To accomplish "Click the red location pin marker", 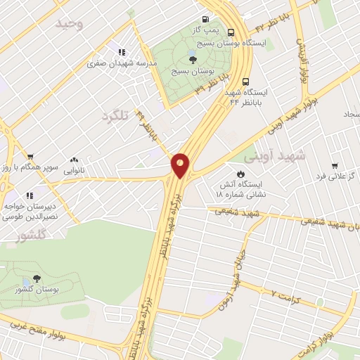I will [x=181, y=165].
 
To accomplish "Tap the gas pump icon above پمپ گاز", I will [x=205, y=19].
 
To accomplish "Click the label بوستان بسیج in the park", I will [x=193, y=72].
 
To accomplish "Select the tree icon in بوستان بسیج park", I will [x=193, y=59].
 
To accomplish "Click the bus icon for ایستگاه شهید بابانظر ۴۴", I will [x=245, y=81].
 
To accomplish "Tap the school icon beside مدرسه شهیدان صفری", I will [x=121, y=51].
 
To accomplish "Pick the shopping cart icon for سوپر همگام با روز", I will [x=30, y=156].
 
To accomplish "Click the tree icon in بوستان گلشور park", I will [x=36, y=278].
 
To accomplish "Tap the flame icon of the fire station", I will [x=241, y=172].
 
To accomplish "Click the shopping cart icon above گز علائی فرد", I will [x=335, y=165].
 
